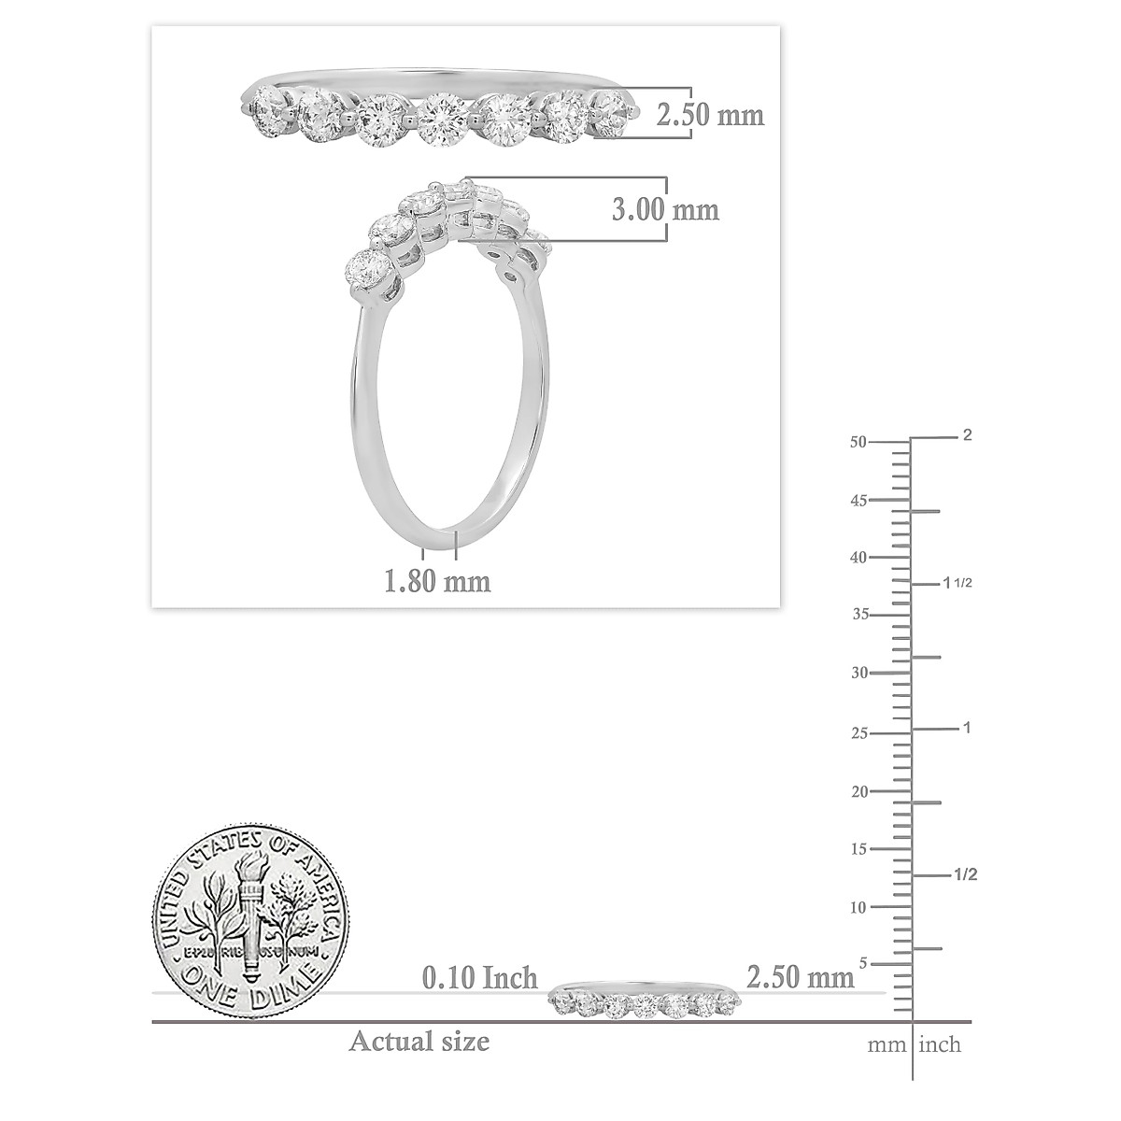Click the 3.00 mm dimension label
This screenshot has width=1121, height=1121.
[665, 209]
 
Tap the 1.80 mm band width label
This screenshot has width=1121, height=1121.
[437, 581]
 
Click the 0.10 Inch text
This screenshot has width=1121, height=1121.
[480, 978]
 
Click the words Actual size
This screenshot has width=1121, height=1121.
[419, 1041]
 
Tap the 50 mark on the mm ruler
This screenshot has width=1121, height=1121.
[857, 443]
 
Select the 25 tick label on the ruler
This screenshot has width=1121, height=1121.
[857, 733]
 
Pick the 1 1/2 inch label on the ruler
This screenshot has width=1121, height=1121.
[961, 583]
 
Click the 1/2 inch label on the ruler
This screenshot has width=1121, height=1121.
[964, 874]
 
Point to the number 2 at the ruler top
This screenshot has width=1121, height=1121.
[968, 435]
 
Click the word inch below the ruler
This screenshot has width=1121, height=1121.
[940, 1044]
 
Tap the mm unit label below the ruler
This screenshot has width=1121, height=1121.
[887, 1044]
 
